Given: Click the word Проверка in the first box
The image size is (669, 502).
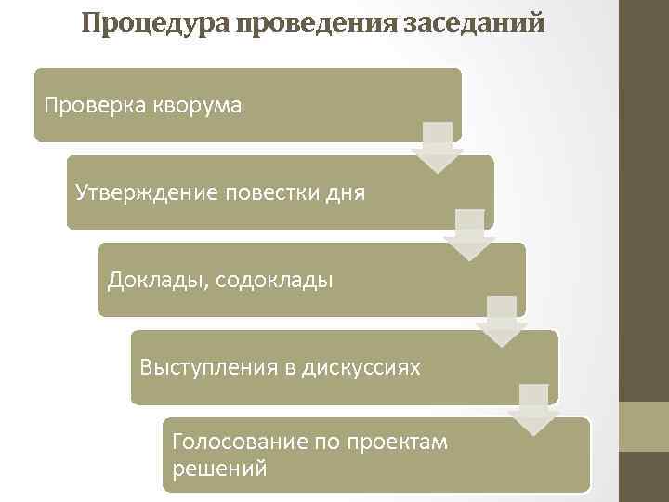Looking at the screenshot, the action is [90, 105].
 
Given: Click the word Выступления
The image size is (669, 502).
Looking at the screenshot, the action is [206, 367].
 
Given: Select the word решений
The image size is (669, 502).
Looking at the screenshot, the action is [219, 468].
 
